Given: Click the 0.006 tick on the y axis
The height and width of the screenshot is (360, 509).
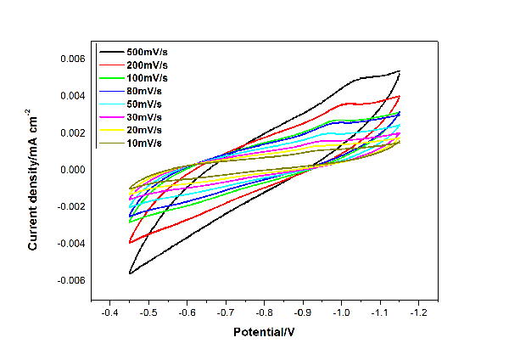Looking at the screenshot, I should [70, 59].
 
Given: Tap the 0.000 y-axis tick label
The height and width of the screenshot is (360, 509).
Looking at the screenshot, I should [70, 170].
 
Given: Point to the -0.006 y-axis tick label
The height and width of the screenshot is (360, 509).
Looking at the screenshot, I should [69, 280].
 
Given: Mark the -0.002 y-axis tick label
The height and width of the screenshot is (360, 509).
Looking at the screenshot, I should [69, 206].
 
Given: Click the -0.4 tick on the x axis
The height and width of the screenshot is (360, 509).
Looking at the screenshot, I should [109, 312].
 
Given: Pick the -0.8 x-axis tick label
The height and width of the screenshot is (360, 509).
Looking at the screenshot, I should [264, 312].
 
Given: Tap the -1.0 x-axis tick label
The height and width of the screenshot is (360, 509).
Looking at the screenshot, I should [341, 312].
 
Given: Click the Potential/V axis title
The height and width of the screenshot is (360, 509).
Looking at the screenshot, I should [264, 332].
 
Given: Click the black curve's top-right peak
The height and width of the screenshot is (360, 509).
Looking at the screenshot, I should [399, 71].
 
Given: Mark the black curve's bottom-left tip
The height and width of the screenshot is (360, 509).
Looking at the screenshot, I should [130, 273].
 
